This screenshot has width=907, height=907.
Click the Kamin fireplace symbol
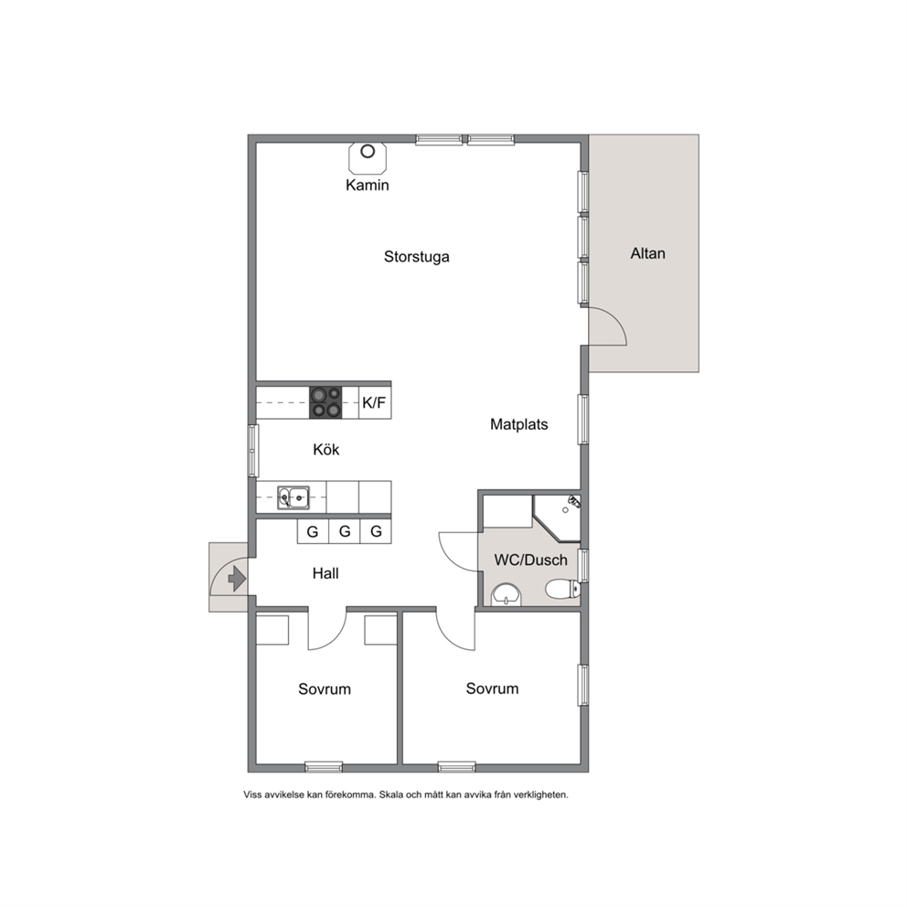point(368,157)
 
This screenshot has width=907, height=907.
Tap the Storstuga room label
point(417,256)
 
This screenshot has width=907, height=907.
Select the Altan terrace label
point(648,253)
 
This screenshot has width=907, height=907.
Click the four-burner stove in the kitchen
point(325,402)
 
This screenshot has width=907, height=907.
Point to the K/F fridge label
point(374,402)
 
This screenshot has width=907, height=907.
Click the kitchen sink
point(293,497)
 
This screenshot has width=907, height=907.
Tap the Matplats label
point(518,424)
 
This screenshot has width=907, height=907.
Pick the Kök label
point(326,450)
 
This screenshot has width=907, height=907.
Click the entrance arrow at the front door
point(237,579)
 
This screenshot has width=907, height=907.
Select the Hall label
point(325,573)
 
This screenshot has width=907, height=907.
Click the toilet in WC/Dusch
point(562,589)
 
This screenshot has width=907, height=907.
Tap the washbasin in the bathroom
point(507,594)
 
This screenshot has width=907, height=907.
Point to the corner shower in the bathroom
point(557,518)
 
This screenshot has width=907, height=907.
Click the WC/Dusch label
point(530,560)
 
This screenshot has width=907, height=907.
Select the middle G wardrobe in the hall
point(345,531)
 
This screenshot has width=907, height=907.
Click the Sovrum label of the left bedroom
point(325,688)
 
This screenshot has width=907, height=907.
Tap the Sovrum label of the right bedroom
point(492,688)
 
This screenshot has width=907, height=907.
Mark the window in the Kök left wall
point(252,451)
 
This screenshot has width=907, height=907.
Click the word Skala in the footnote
point(391,795)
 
